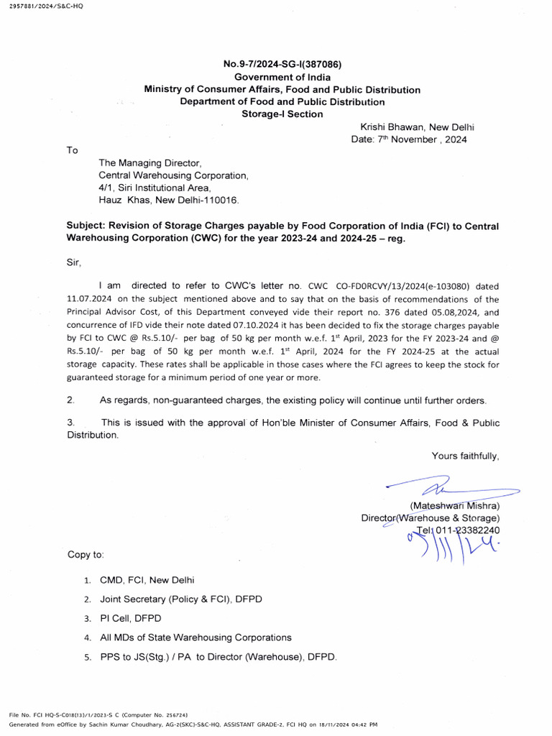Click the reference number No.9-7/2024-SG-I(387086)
[x=282, y=65]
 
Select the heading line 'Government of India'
[x=282, y=78]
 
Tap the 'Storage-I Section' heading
[x=282, y=114]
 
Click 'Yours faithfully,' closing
[x=465, y=455]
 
